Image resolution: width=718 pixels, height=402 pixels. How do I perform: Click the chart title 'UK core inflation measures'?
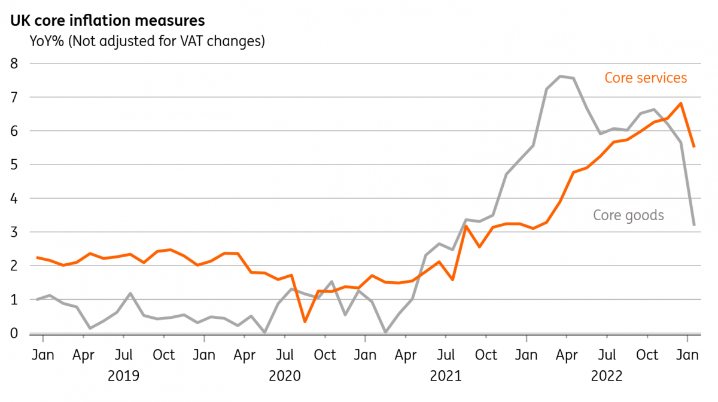click(107, 20)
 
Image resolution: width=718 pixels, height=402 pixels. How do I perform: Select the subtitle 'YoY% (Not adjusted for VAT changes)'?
click(147, 41)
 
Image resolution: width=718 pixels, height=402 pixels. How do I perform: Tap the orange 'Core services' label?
click(646, 78)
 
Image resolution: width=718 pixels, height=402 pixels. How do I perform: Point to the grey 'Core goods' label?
click(628, 215)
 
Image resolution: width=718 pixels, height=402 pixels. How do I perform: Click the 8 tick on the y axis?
click(14, 63)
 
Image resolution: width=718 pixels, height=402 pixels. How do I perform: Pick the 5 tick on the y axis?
click(14, 165)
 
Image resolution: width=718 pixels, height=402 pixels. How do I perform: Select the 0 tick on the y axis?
click(14, 333)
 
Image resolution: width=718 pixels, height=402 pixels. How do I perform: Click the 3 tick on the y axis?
click(14, 232)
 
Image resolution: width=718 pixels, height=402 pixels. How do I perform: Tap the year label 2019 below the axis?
click(123, 376)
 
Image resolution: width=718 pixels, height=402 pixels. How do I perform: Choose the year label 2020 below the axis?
click(285, 376)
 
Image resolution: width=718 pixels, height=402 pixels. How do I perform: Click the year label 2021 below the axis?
click(446, 376)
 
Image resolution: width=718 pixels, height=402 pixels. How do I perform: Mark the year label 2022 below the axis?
click(607, 376)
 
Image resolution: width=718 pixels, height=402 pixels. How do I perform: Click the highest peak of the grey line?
click(560, 77)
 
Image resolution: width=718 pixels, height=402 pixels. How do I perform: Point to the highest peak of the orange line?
click(680, 103)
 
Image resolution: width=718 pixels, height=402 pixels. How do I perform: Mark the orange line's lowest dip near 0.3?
click(305, 321)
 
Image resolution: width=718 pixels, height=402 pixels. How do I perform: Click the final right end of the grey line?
click(694, 225)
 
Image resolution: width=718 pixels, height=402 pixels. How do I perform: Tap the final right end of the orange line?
click(694, 147)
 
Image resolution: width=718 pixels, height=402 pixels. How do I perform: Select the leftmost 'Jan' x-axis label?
click(43, 355)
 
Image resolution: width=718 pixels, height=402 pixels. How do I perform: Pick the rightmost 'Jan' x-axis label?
click(687, 355)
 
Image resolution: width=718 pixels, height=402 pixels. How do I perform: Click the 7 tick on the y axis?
click(14, 98)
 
